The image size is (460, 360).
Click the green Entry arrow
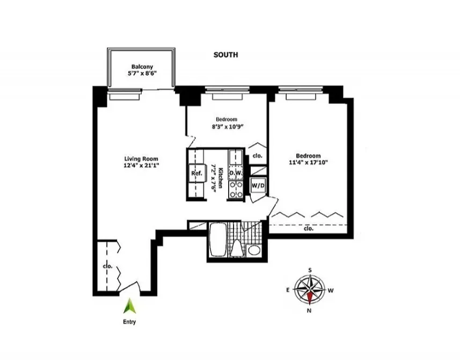click(129, 306)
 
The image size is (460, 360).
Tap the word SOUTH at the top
click(225, 55)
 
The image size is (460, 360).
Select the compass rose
click(310, 290)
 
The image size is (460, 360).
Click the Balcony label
click(142, 67)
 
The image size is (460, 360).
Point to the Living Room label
click(142, 159)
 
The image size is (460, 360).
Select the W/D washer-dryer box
click(259, 185)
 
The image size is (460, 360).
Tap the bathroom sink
click(254, 250)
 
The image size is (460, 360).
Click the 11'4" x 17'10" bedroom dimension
click(308, 163)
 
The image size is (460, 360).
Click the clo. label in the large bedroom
click(308, 229)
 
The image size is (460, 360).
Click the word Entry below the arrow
click(129, 322)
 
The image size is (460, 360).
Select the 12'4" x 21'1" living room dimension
click(142, 165)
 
